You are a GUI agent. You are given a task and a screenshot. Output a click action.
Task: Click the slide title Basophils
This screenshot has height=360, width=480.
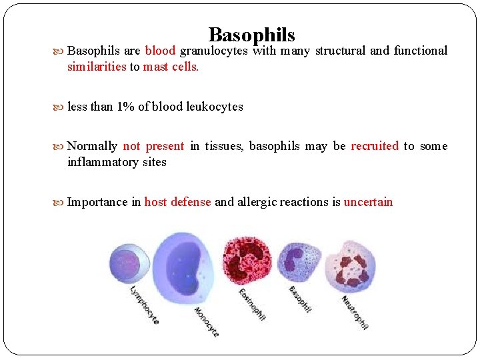pyautogui.click(x=251, y=34)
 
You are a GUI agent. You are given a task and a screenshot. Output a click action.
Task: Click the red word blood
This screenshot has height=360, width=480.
pyautogui.click(x=160, y=51)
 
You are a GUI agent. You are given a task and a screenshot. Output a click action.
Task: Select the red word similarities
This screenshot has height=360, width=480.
pyautogui.click(x=97, y=67)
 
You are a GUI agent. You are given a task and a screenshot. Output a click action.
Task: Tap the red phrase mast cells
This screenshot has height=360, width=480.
pyautogui.click(x=171, y=67)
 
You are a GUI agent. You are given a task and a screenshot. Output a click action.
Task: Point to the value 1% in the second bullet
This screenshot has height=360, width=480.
pyautogui.click(x=125, y=107)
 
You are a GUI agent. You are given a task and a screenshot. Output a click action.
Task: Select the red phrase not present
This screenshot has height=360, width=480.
pyautogui.click(x=153, y=146)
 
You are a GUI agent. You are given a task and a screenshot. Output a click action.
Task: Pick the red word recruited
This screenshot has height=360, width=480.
pyautogui.click(x=375, y=146)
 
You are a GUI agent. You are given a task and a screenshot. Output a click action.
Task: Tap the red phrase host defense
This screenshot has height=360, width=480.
pyautogui.click(x=177, y=202)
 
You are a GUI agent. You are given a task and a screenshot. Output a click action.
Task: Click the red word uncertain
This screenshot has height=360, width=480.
pyautogui.click(x=368, y=202)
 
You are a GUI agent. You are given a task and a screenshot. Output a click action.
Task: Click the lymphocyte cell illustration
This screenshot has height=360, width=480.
pyautogui.click(x=129, y=261)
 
